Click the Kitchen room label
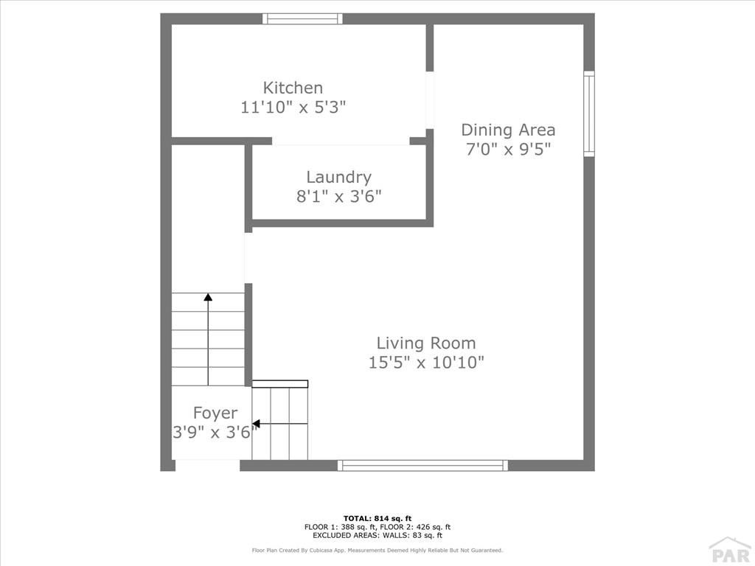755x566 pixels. coord(293,88)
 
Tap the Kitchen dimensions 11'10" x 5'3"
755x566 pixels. coord(293,107)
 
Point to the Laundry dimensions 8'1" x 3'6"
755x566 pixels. coord(339,196)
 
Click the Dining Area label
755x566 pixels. coord(508,130)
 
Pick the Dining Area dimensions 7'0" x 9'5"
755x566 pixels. coord(508,149)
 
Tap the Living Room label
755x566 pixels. coord(426,343)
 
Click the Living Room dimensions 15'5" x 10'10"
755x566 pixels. coord(426,362)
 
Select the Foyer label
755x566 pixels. coord(215,413)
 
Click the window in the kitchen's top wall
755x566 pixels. coord(303,18)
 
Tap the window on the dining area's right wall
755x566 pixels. coord(589,113)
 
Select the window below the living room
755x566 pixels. coord(422,466)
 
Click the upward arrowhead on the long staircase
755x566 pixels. coord(208,297)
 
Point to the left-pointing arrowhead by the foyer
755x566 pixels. coord(257,424)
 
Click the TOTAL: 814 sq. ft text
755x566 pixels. coord(377,518)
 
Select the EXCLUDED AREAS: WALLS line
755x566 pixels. coord(377,535)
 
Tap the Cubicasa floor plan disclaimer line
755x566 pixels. coord(377,550)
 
